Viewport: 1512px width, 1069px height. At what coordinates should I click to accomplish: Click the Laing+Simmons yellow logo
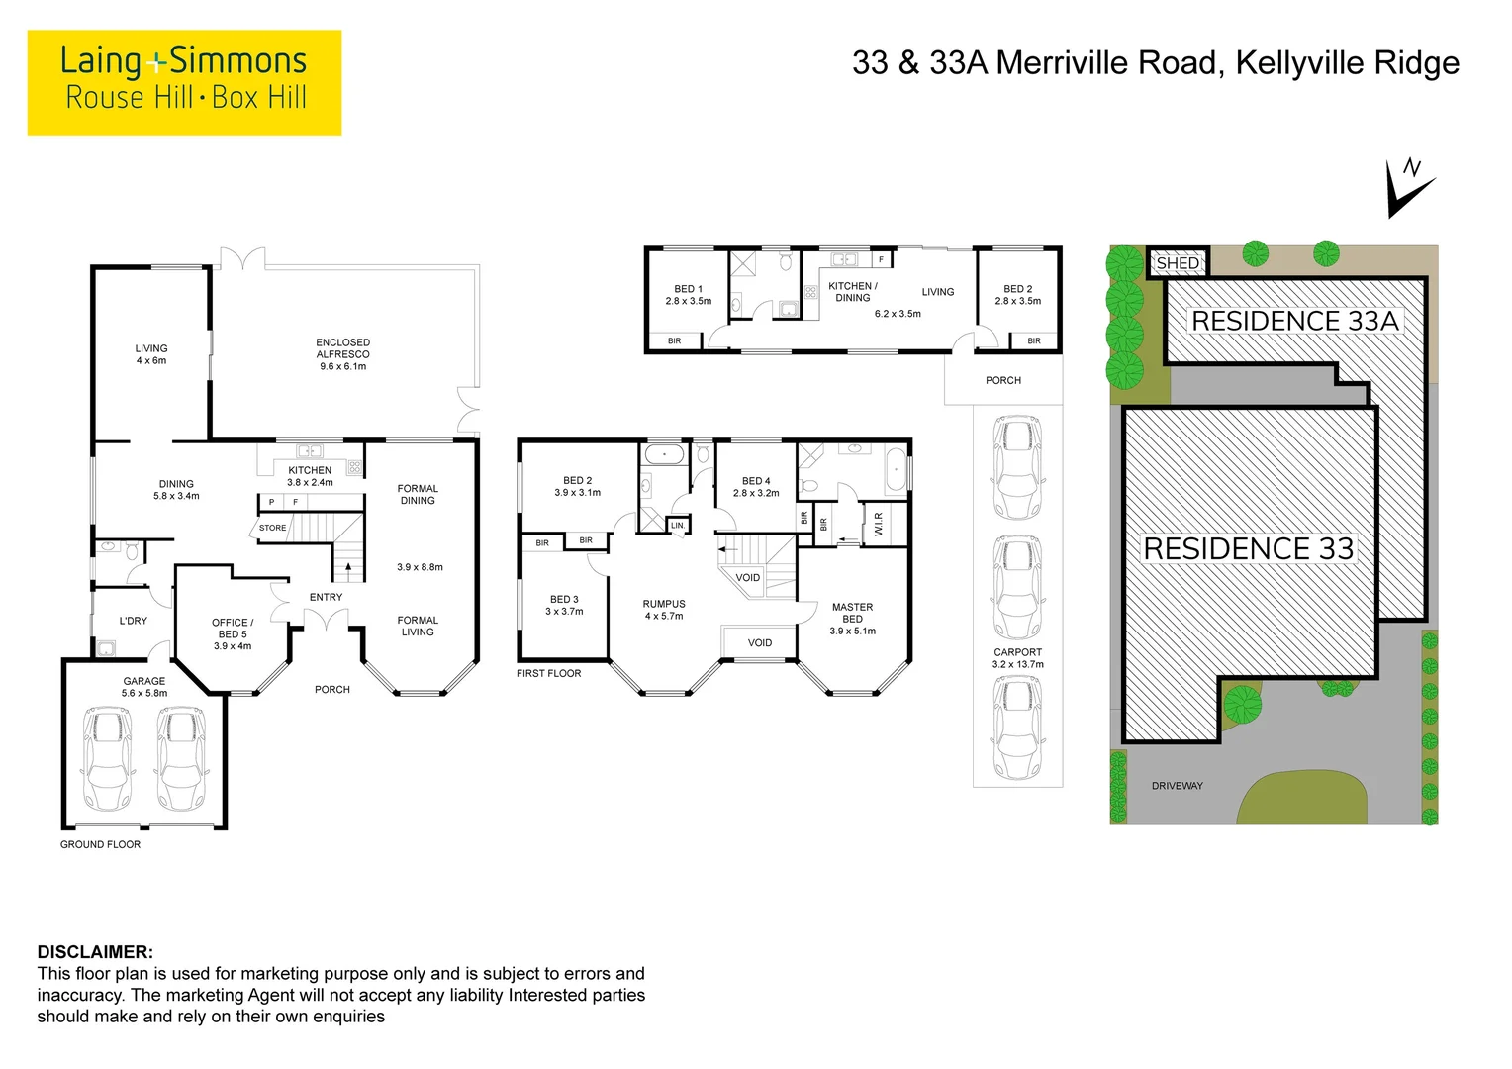click(184, 82)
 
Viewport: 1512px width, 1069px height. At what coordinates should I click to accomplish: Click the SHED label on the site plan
click(1178, 263)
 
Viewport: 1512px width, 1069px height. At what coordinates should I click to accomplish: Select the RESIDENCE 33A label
click(1294, 321)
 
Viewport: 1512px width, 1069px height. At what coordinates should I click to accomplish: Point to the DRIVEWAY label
click(1177, 786)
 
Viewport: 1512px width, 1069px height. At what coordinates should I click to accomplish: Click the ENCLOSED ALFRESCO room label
click(342, 354)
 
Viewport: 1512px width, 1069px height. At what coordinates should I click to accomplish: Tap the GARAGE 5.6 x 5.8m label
click(144, 687)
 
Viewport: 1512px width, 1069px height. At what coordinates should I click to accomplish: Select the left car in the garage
click(106, 758)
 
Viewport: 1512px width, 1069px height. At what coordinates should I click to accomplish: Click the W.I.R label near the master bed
click(878, 525)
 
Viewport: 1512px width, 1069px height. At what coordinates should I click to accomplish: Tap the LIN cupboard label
click(677, 526)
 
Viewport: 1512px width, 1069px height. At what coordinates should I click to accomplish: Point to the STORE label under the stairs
click(272, 528)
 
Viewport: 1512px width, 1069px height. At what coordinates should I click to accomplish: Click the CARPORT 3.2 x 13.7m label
click(1017, 658)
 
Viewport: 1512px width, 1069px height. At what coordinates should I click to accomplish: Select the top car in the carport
click(1017, 468)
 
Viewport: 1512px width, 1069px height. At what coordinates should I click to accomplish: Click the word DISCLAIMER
click(95, 952)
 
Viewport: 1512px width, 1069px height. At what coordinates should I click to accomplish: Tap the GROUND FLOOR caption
click(100, 844)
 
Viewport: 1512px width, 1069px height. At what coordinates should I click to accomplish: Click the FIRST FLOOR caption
click(548, 673)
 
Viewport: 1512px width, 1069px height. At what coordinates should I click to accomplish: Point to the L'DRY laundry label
click(133, 621)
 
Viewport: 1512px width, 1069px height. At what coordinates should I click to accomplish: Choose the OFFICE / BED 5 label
click(233, 634)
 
